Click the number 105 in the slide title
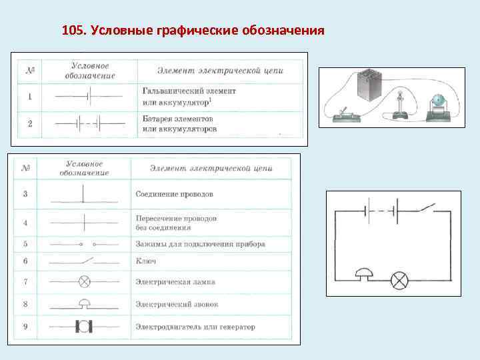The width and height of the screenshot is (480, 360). click(x=72, y=31)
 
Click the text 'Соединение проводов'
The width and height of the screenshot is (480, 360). click(x=174, y=194)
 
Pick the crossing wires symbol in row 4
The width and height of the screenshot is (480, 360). click(x=83, y=223)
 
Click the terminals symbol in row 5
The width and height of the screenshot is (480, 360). click(x=87, y=245)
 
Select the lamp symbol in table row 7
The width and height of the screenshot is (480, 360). click(x=85, y=281)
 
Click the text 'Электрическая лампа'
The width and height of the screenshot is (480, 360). click(x=175, y=281)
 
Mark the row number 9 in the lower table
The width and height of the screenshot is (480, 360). click(x=25, y=327)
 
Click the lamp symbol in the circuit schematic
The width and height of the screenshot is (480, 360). click(x=399, y=279)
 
